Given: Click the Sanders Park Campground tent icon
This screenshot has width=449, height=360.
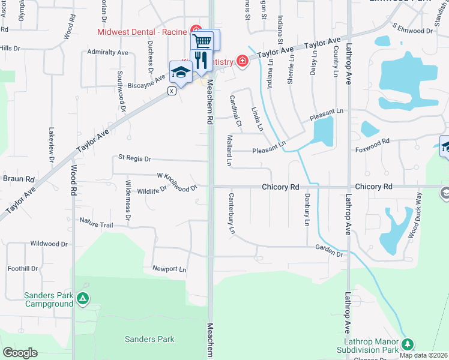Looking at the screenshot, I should (x=83, y=297).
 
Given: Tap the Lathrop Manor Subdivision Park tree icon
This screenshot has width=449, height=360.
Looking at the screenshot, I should (x=408, y=344).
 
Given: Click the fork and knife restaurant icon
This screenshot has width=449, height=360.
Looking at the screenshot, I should (x=200, y=60).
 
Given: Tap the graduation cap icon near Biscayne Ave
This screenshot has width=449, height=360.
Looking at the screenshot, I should (x=180, y=73).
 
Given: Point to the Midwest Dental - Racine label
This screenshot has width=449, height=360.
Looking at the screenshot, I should (x=141, y=31).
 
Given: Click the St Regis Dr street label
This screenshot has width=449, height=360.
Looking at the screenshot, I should (x=134, y=158).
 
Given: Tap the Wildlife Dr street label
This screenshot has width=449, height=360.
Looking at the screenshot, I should (x=151, y=191).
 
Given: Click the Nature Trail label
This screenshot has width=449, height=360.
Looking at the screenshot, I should (x=96, y=223).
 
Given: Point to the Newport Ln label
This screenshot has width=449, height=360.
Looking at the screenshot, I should (x=169, y=269).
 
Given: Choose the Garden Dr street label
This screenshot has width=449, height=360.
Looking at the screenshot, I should (x=329, y=250).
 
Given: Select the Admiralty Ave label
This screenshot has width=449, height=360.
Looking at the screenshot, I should (x=107, y=53).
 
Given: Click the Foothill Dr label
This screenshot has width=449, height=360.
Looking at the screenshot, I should (x=23, y=269).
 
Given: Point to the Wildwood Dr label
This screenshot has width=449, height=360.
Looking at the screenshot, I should (x=49, y=244).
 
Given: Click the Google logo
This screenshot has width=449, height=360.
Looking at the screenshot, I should (x=20, y=353).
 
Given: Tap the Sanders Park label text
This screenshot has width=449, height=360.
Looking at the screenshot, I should (x=149, y=339).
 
